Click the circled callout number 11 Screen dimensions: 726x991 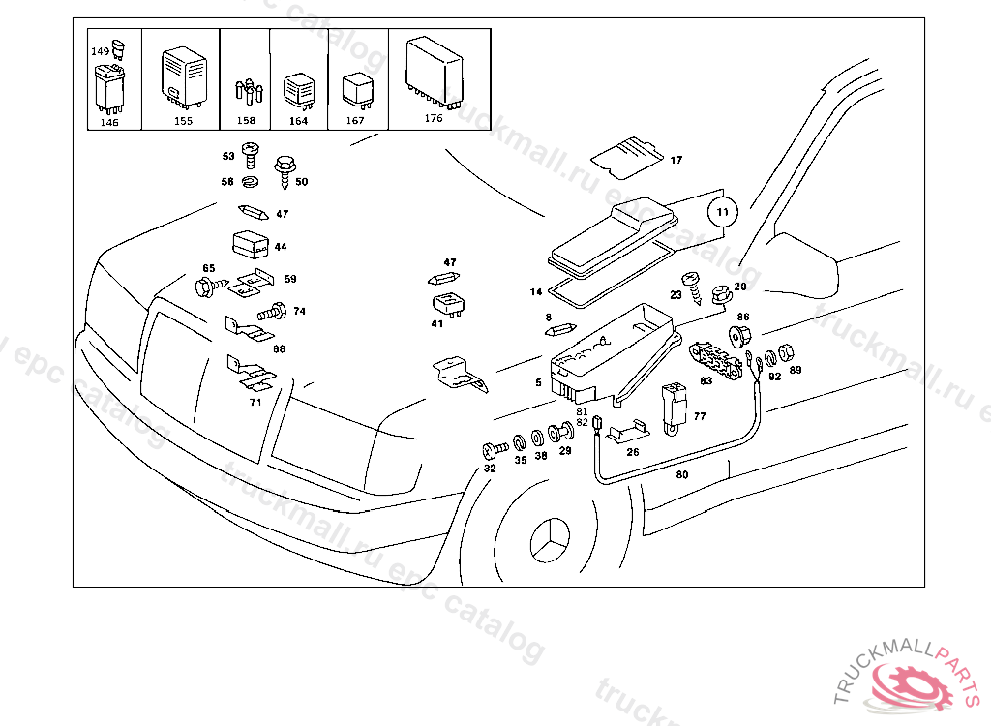[x=723, y=210]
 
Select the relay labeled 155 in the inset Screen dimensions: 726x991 [x=182, y=75]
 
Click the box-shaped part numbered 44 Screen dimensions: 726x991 [x=250, y=244]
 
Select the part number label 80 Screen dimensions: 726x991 [x=682, y=475]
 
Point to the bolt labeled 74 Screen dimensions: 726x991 [x=271, y=313]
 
